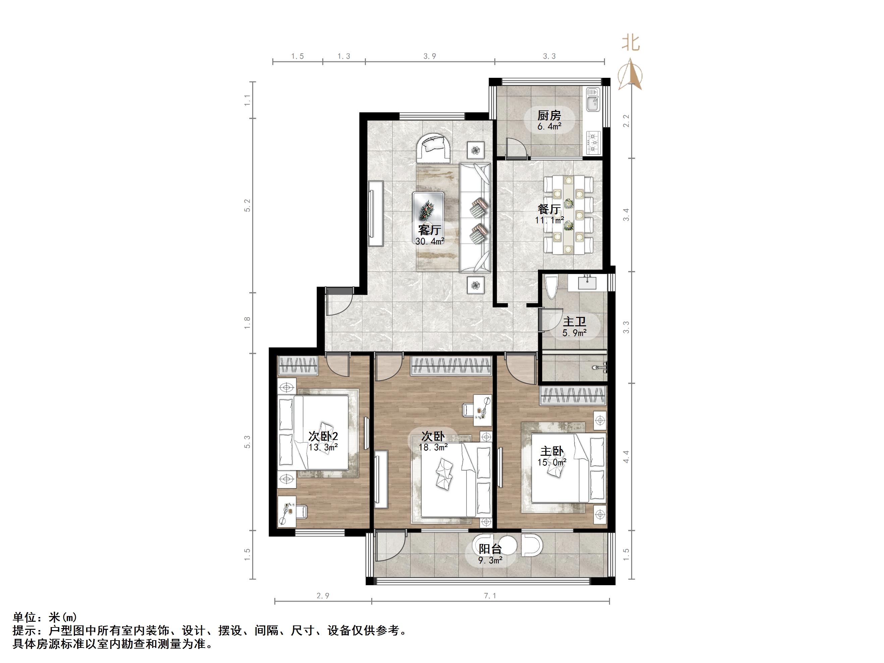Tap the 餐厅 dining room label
point(549,209)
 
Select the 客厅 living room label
point(430,230)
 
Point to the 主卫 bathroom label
point(574,322)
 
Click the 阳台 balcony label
point(490,549)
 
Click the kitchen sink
point(593,100)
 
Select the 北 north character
point(630,43)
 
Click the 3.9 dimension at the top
point(430,56)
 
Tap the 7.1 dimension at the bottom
point(490,596)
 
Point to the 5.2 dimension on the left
point(247,206)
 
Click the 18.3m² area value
point(433,448)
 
